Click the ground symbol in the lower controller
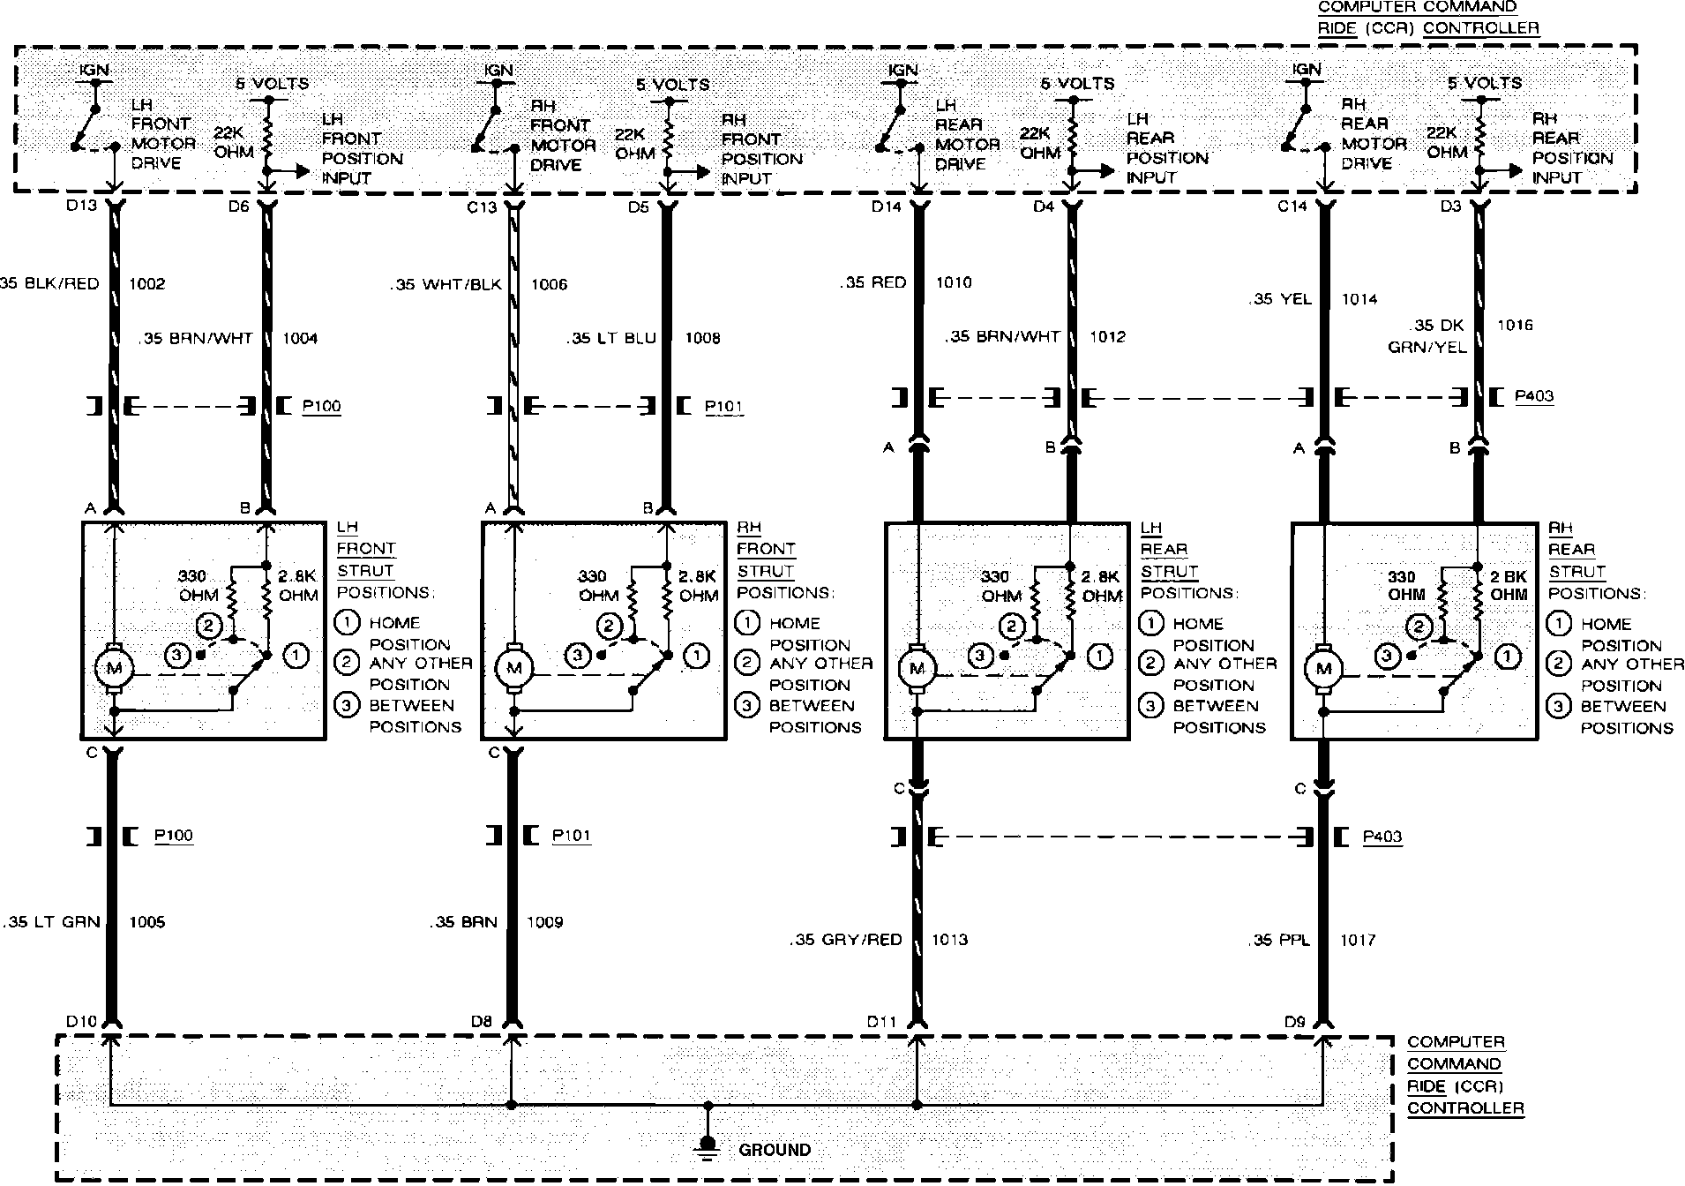706,1145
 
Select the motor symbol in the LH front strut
114,668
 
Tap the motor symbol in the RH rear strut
1323,669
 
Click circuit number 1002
146,283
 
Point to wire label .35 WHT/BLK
446,284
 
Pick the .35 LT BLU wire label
613,338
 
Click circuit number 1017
1358,940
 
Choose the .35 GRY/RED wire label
846,940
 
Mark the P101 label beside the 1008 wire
723,407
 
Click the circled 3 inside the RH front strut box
578,656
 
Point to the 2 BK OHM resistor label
1509,585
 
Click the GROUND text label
775,1150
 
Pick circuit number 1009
544,922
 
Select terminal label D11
881,1022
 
